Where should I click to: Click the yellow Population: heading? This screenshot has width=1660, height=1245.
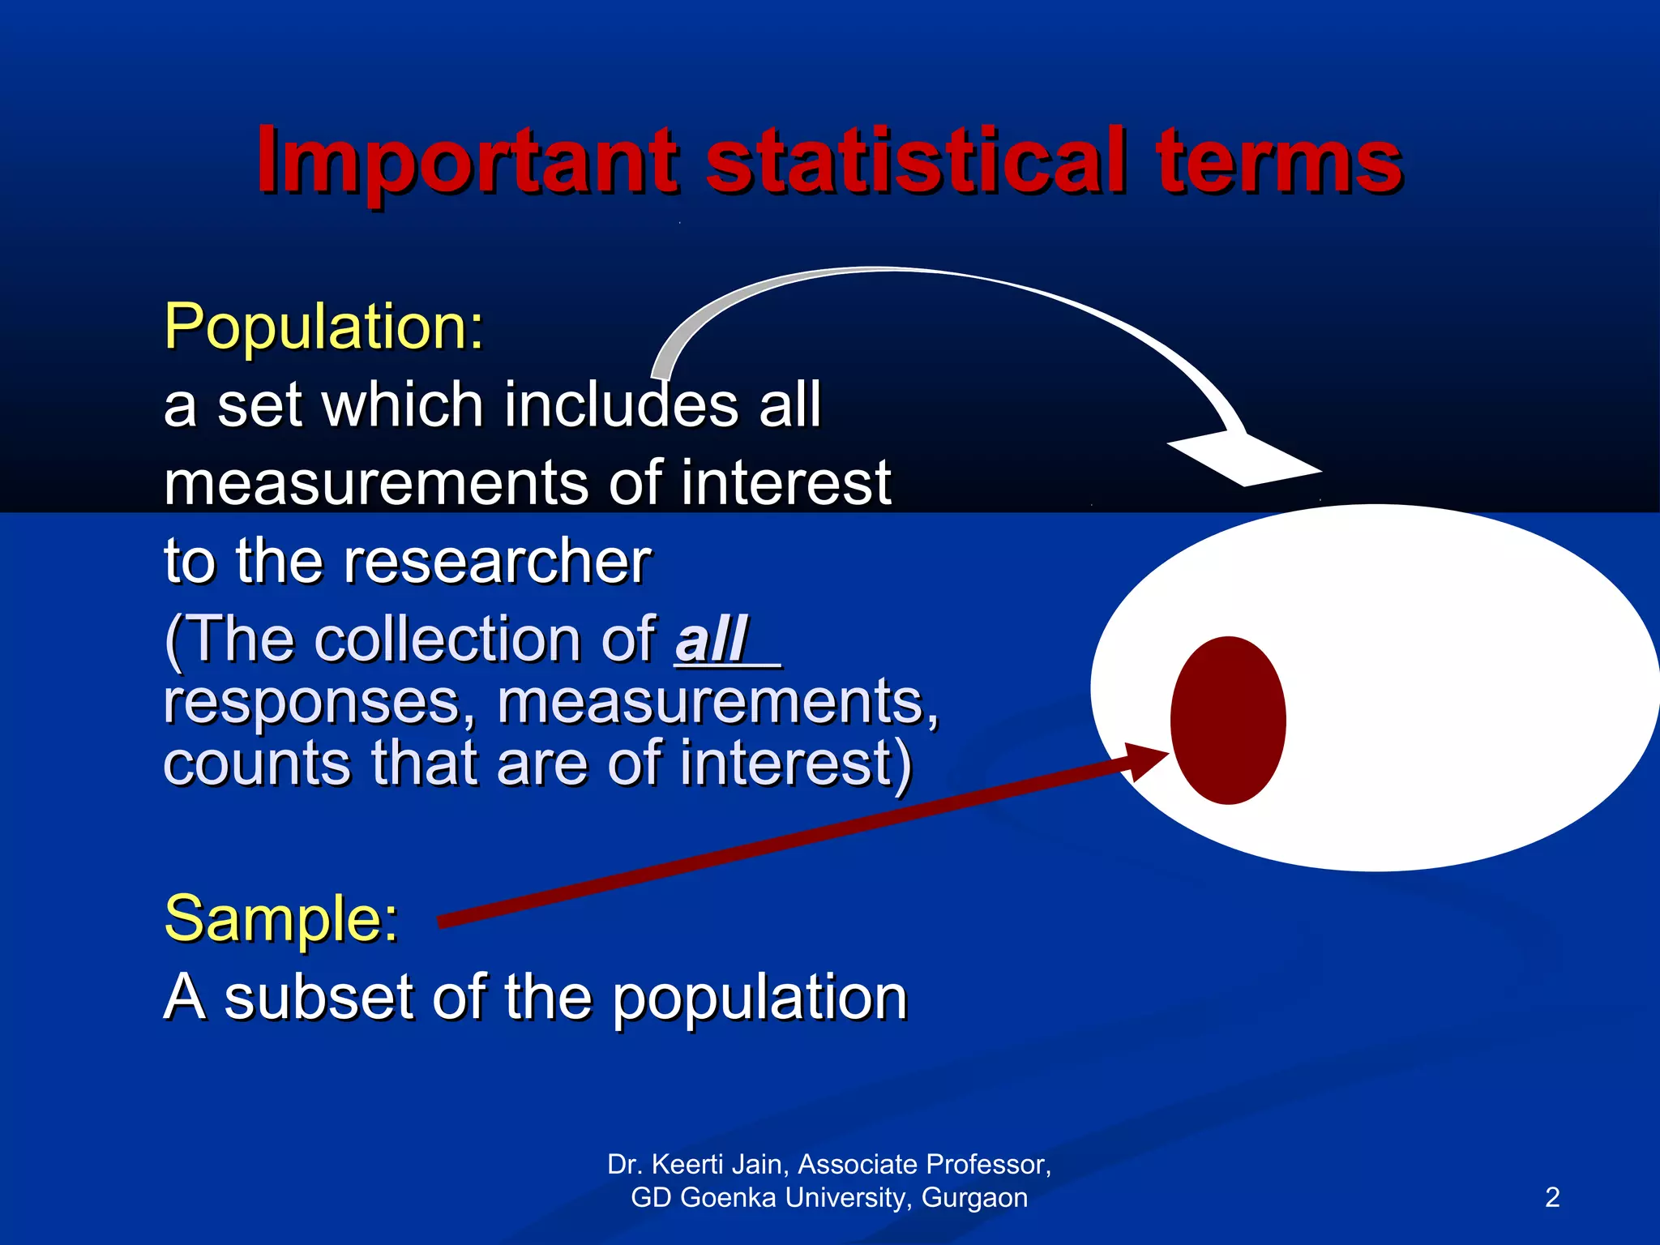323,326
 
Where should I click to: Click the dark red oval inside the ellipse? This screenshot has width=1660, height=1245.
1227,720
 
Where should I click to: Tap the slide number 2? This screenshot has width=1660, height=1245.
1551,1197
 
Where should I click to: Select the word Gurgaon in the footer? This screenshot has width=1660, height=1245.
974,1197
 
